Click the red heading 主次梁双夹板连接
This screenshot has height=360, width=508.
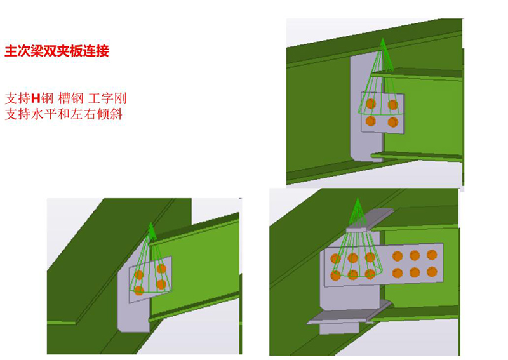click(57, 51)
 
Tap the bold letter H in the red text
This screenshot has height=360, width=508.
click(36, 98)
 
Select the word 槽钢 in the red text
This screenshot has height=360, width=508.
click(71, 98)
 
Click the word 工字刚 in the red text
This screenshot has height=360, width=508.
click(107, 98)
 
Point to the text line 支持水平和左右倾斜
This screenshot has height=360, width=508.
click(63, 114)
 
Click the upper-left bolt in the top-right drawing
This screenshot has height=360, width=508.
click(371, 103)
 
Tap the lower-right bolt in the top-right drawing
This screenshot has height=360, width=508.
click(392, 122)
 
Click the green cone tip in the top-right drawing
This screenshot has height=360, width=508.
click(383, 39)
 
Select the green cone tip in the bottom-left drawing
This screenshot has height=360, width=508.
click(150, 223)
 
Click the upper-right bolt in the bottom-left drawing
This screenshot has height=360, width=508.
click(161, 269)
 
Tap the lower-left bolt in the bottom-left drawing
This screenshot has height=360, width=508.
click(138, 290)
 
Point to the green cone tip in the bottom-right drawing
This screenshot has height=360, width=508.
click(358, 199)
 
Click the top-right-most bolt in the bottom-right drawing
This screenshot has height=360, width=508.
click(432, 255)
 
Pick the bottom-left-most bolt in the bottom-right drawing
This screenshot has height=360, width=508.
click(335, 276)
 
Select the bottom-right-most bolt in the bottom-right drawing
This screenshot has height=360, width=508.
click(432, 272)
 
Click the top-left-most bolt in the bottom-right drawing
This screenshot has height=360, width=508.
click(335, 258)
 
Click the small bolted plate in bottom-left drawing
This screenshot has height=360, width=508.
click(150, 279)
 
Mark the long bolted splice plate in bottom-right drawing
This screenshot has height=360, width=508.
click(384, 265)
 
